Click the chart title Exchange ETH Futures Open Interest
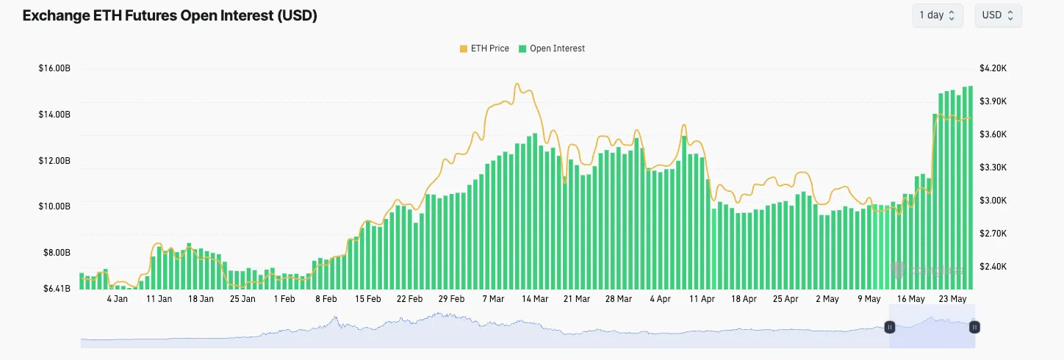[170, 15]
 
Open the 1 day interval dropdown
[937, 15]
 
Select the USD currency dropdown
[998, 15]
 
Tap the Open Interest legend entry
[552, 48]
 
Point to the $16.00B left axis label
[54, 68]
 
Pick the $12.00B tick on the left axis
[54, 160]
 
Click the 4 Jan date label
[118, 299]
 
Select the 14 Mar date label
[535, 299]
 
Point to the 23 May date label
[953, 299]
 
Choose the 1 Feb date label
[284, 299]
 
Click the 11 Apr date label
[702, 299]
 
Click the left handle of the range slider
[889, 327]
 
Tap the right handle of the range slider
[974, 327]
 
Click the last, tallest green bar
[970, 184]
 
